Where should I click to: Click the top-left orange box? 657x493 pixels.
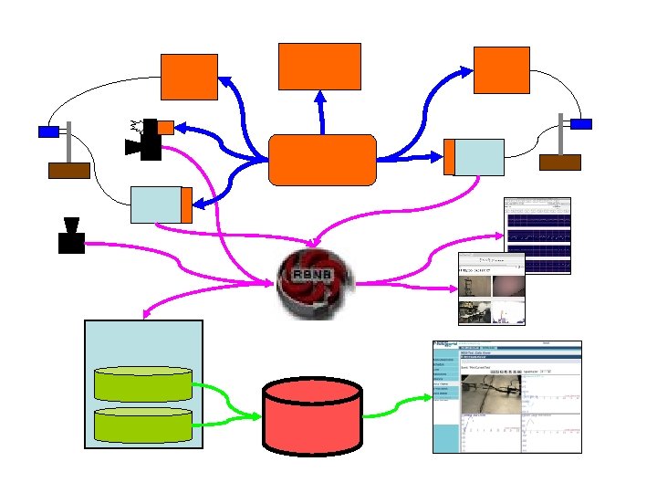coord(189,77)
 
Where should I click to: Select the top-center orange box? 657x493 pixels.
coord(319,66)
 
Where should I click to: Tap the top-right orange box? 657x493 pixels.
coord(502,69)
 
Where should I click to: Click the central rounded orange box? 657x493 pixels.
coord(322,160)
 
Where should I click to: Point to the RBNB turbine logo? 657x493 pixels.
coord(313,284)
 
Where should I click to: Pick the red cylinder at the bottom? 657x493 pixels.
coord(313,414)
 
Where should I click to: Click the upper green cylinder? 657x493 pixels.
coord(144,383)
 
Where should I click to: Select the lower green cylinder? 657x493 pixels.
coord(144,423)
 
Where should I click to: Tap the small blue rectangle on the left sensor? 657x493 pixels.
coord(48,131)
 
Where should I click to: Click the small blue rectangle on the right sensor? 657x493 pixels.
coord(581,123)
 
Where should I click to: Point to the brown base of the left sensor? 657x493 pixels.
coord(68,170)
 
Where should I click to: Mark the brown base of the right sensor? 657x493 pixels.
coord(559,163)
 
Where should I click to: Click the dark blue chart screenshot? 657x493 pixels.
coord(537,236)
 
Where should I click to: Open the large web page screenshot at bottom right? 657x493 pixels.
coord(506,397)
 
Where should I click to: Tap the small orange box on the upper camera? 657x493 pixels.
coord(165,127)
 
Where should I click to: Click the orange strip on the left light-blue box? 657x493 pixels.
coord(186,205)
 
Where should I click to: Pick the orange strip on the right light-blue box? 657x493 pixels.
coord(448,157)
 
